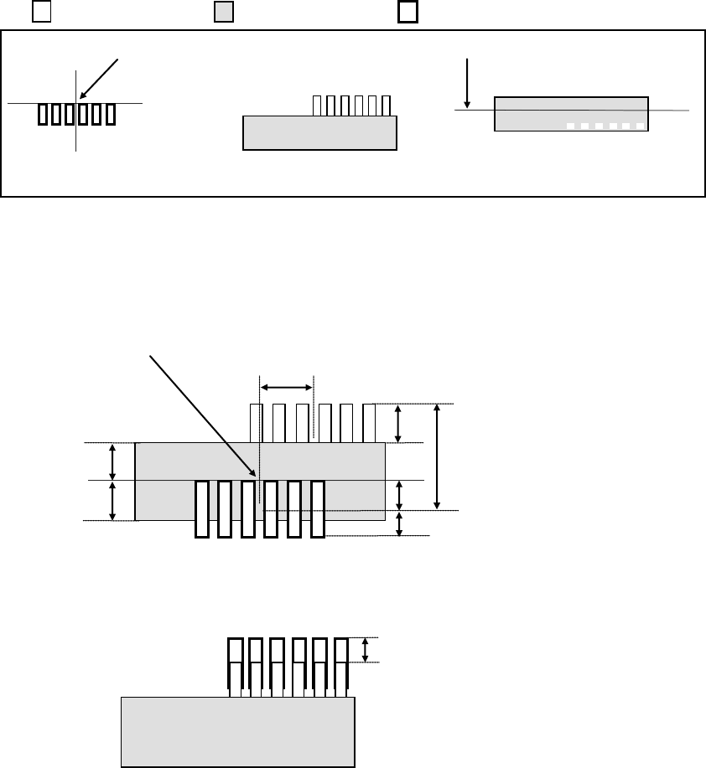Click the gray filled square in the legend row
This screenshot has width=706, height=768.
(x=224, y=13)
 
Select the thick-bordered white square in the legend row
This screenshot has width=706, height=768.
(x=408, y=13)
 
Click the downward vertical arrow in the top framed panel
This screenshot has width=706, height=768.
(x=465, y=82)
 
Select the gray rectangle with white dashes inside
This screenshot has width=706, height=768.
(x=571, y=113)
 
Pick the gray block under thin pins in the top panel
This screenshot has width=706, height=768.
(x=319, y=132)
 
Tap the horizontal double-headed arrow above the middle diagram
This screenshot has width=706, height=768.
(x=286, y=386)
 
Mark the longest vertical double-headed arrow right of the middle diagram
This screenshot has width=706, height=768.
(x=436, y=456)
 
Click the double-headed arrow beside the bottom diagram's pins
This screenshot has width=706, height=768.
(x=365, y=650)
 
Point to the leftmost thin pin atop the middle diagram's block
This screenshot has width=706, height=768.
(x=256, y=423)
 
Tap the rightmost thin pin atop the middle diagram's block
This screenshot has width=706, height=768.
(x=369, y=423)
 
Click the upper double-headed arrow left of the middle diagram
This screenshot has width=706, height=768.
(x=112, y=461)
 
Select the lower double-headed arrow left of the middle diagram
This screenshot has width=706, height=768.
(x=112, y=501)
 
